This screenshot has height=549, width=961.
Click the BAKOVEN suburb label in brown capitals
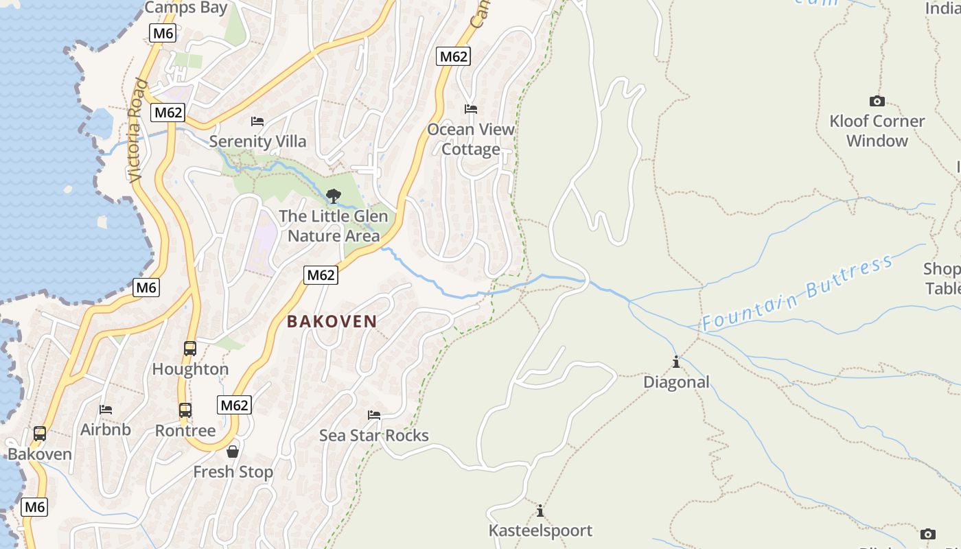332,321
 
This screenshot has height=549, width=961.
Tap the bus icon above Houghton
190,349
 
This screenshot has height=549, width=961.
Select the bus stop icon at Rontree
185,410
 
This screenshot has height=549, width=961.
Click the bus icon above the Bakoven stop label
40,434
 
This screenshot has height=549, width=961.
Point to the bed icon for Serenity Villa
257,121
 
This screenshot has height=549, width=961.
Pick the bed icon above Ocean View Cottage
471,109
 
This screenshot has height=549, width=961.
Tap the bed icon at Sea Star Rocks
374,415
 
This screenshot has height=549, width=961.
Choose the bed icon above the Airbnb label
106,410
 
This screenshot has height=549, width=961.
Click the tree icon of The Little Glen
334,196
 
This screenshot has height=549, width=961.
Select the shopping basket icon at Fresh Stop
233,452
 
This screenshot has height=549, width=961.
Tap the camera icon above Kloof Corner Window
877,102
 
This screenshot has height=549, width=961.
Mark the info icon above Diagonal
676,362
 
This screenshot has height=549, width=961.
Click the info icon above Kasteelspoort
540,511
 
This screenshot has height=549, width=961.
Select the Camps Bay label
185,8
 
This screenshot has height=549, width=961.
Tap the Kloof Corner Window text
877,131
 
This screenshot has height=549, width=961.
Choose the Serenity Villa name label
257,141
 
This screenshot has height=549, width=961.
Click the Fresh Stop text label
233,472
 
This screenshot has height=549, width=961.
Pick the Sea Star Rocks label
374,436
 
